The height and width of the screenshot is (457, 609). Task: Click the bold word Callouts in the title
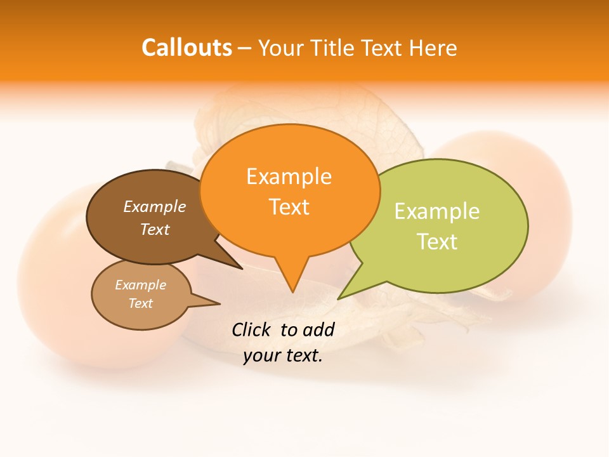(187, 48)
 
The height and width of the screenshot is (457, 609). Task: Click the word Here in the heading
(433, 48)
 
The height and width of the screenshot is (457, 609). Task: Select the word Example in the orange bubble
(289, 176)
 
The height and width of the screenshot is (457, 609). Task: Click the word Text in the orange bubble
(289, 207)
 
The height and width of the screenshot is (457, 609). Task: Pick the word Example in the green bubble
(437, 211)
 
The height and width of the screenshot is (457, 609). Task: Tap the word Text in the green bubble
(437, 242)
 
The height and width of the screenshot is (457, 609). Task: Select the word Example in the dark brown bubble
(155, 206)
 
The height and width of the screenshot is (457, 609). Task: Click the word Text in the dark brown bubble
(155, 229)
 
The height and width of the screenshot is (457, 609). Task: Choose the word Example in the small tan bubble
(140, 285)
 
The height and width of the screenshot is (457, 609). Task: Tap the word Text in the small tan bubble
(140, 303)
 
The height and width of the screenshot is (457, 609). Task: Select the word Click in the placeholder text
(251, 329)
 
